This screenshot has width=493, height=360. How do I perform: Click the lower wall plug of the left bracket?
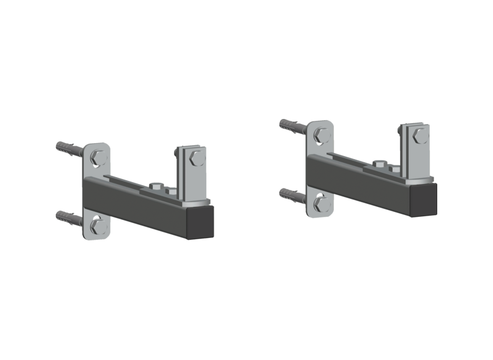(69, 217)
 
